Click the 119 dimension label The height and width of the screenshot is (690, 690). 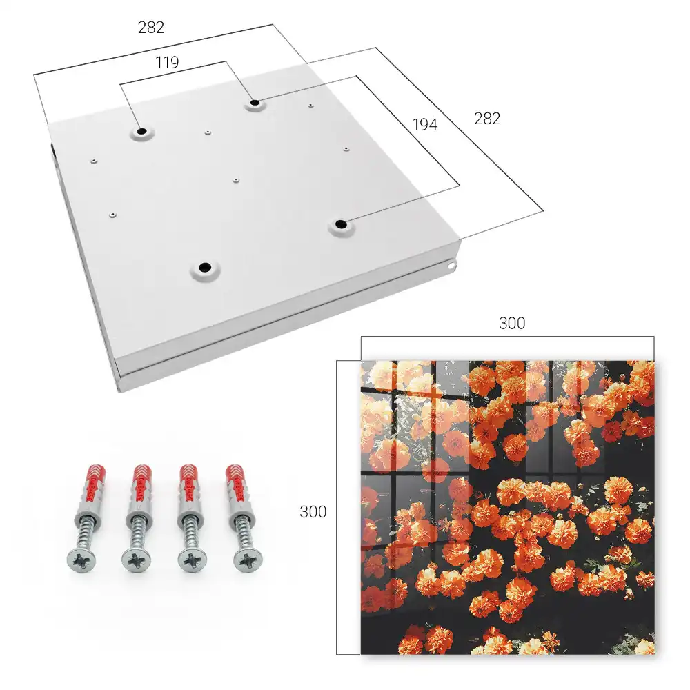click(x=167, y=63)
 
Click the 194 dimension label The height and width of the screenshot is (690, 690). click(x=425, y=124)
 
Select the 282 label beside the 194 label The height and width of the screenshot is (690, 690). click(x=487, y=119)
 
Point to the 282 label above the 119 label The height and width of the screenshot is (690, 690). click(x=151, y=28)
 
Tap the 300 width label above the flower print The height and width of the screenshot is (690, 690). click(x=512, y=324)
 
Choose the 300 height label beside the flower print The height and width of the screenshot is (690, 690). click(x=313, y=512)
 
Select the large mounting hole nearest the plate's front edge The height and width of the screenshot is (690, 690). click(x=205, y=268)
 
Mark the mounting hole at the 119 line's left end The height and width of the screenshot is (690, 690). click(x=141, y=132)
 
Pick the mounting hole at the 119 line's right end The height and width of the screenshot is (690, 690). click(x=255, y=103)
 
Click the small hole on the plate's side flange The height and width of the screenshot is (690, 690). click(x=452, y=266)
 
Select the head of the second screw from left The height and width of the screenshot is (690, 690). click(x=137, y=561)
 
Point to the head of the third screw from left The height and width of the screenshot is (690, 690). click(x=193, y=560)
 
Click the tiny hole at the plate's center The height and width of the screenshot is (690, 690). click(x=236, y=180)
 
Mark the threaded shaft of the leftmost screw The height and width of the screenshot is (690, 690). click(x=86, y=533)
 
